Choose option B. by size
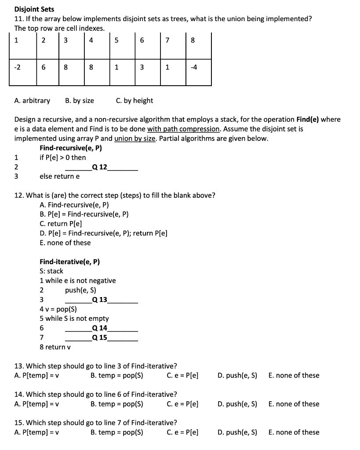tap(79, 101)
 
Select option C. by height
tap(135, 101)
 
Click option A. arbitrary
tap(32, 101)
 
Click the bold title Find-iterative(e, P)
tap(69, 262)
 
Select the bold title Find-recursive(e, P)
tap(71, 148)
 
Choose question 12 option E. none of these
tap(65, 243)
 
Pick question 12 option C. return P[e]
tap(61, 224)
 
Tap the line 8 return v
tap(55, 347)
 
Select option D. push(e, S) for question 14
tap(237, 404)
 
